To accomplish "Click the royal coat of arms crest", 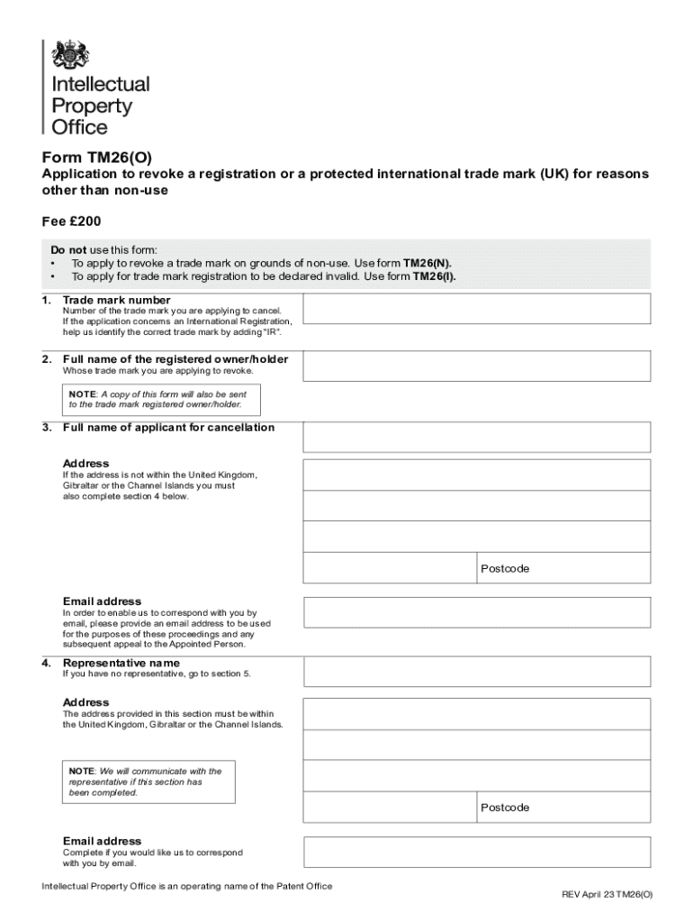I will pos(69,55).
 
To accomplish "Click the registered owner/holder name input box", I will pos(476,366).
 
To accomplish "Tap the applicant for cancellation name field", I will pos(476,436).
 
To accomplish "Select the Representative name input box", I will pos(476,671).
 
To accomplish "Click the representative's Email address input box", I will pos(476,852).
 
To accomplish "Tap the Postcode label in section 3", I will pos(505,569).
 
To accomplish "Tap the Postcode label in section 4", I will pos(505,808).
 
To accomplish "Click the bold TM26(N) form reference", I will pos(427,263).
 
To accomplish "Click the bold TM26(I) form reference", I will pos(434,276).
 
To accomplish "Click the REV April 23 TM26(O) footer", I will pos(607,894).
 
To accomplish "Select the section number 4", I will pos(46,664).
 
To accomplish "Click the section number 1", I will pos(46,300).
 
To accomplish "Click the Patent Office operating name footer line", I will pos(186,886).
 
